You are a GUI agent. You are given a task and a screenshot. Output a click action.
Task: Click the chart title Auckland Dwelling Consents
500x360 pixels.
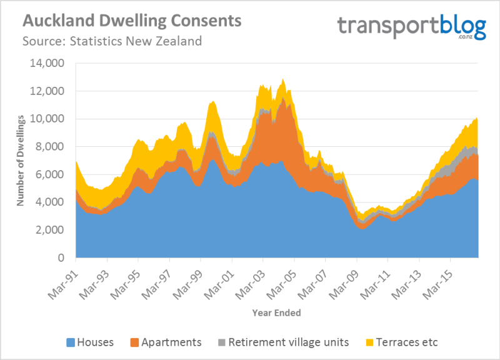coord(131,21)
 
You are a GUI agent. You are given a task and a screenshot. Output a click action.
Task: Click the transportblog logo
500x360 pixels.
coord(411,27)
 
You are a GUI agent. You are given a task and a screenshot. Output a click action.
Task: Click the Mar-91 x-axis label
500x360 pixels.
coord(63,279)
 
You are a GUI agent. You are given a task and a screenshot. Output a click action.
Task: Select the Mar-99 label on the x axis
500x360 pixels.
coord(187,279)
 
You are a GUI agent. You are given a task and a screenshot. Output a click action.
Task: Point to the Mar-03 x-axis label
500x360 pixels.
coord(250,279)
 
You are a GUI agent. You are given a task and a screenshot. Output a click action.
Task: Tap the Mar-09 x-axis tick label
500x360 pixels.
coord(343,279)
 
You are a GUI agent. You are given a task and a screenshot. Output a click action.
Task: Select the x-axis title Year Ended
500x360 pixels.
coord(277,311)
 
